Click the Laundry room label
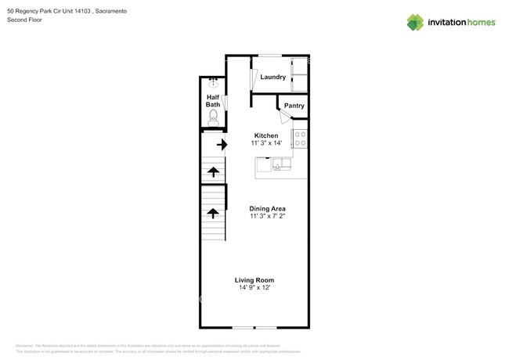[x=273, y=77]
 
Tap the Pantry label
[x=294, y=106]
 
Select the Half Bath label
[x=212, y=101]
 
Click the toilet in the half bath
[x=212, y=118]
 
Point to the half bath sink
[x=212, y=81]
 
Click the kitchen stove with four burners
[x=299, y=139]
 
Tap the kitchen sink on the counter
[x=280, y=164]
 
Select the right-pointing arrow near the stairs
[x=222, y=145]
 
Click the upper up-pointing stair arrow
[x=212, y=172]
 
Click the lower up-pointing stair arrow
[x=212, y=212]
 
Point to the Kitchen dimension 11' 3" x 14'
[x=266, y=144]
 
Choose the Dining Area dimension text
[x=267, y=217]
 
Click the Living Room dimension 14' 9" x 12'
[x=254, y=288]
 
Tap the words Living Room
[x=254, y=279]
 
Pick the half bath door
[x=224, y=102]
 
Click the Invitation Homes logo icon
[x=415, y=22]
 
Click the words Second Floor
[x=26, y=20]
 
